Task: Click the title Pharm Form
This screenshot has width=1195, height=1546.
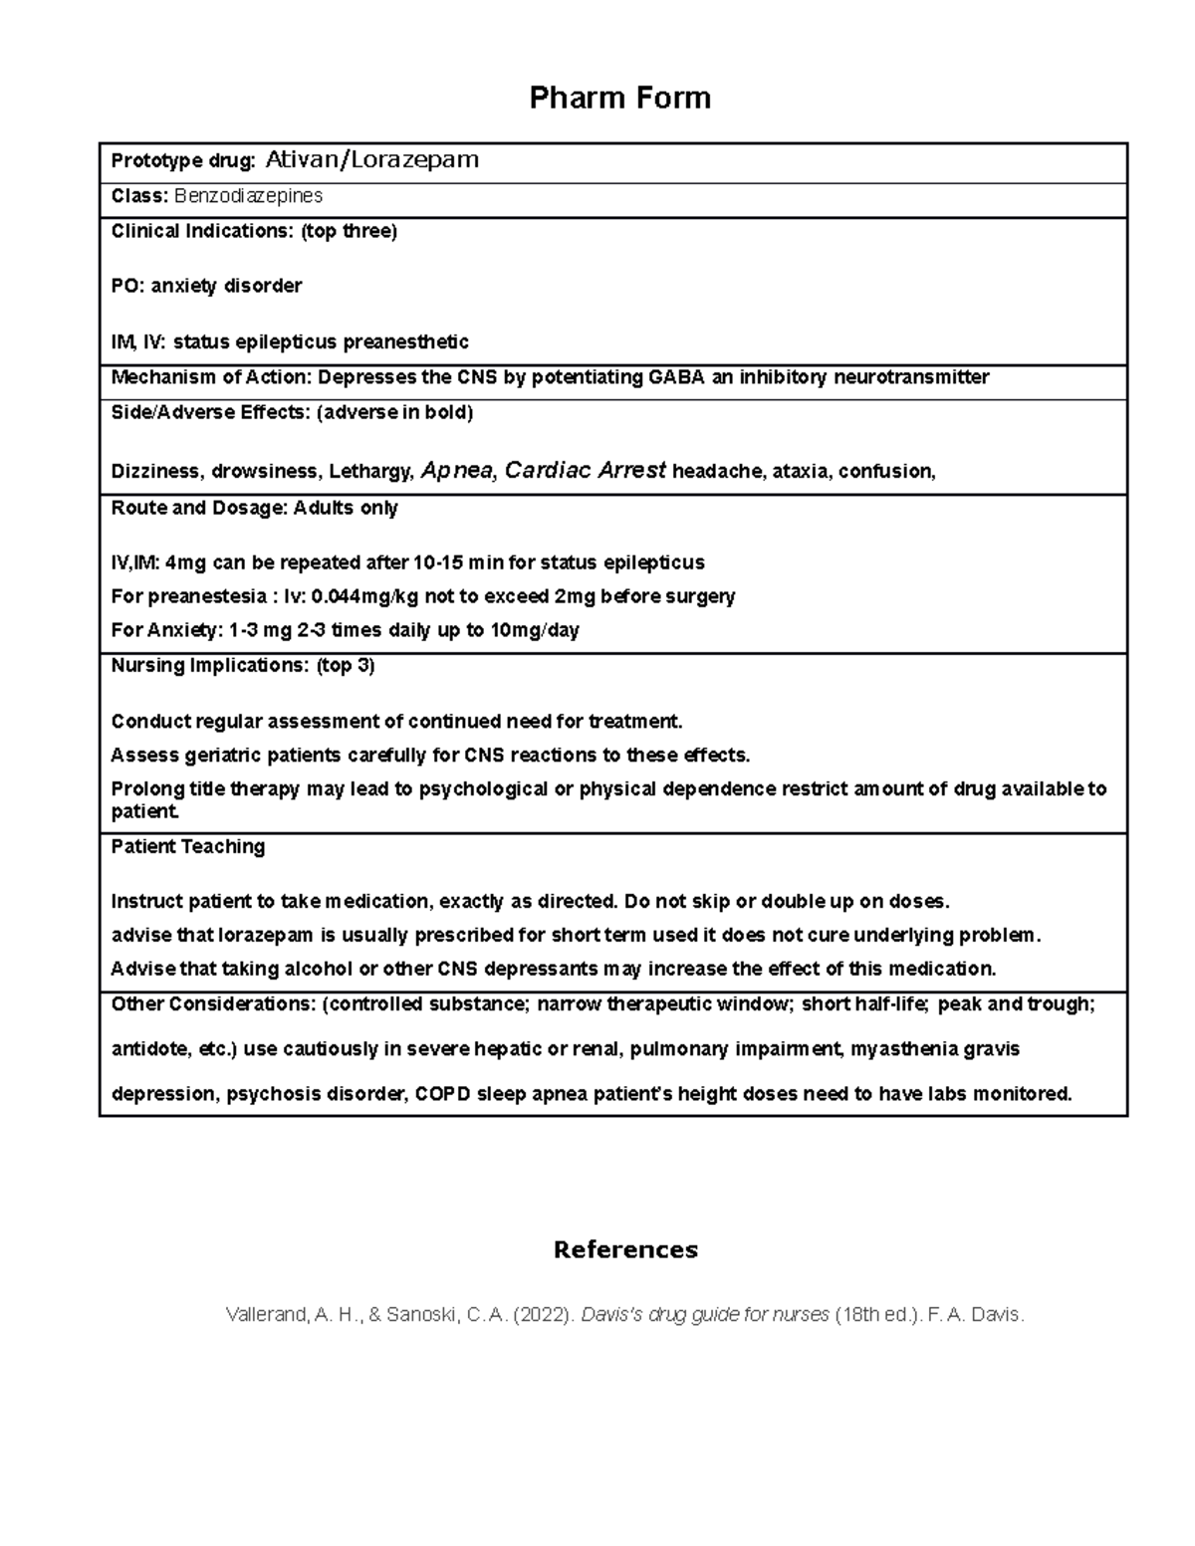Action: [x=619, y=98]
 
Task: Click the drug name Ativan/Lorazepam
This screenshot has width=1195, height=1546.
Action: [x=371, y=159]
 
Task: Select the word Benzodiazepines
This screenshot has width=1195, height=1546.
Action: [x=248, y=196]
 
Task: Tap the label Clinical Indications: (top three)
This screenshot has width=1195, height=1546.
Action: [x=254, y=231]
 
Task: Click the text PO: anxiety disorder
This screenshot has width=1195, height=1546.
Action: [x=206, y=286]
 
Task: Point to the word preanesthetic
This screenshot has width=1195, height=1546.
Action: [x=405, y=342]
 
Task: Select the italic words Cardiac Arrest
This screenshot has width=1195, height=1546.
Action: [x=586, y=471]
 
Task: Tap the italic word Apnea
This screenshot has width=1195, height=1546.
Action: [x=457, y=471]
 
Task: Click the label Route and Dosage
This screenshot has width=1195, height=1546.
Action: [x=198, y=508]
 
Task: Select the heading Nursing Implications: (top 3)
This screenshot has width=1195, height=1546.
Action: [x=243, y=665]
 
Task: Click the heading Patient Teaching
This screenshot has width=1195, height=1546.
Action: [x=188, y=846]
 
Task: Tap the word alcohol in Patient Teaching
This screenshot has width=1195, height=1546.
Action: [x=315, y=969]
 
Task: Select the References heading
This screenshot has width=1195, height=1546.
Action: [x=625, y=1249]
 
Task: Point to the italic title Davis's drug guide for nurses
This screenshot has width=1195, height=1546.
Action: [x=705, y=1314]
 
